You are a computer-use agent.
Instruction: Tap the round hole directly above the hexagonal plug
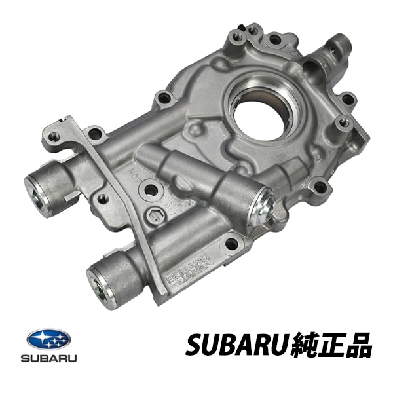(151, 190)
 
